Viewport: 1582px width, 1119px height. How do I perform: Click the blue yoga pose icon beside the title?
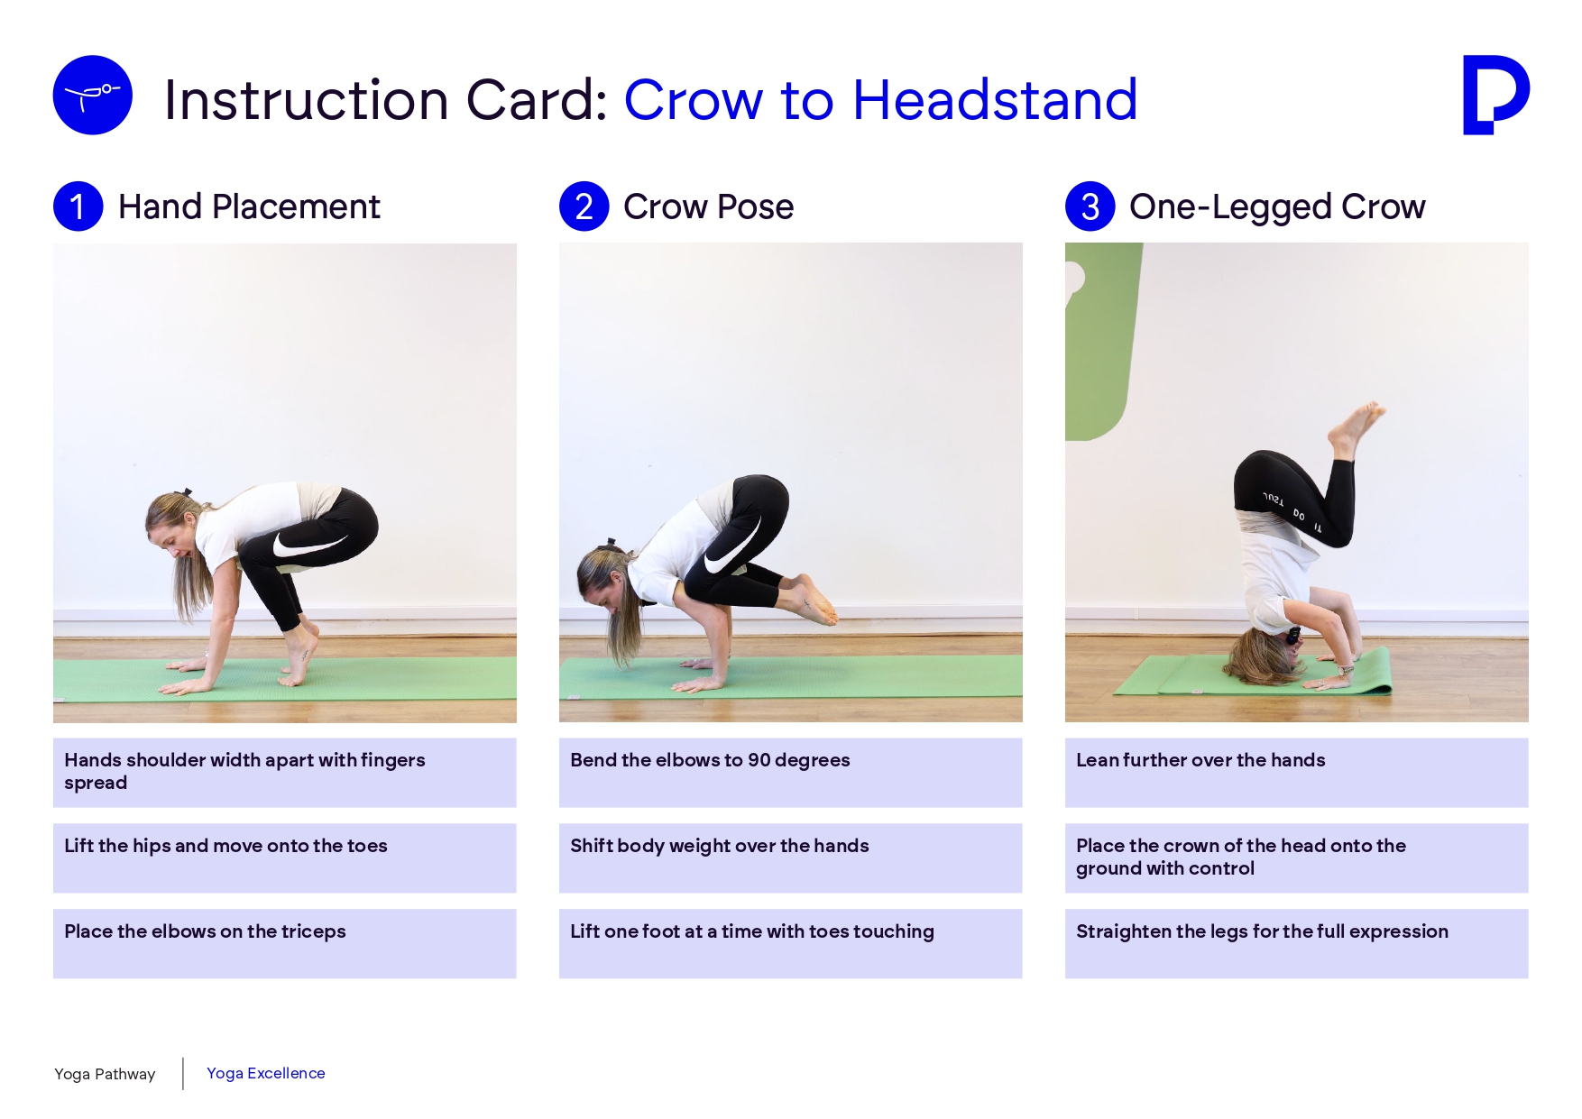coord(93,96)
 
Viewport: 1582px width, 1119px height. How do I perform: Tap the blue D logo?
coord(1495,95)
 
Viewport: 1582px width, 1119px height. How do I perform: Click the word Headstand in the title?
coord(995,99)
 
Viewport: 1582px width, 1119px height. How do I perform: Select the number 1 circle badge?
coord(78,206)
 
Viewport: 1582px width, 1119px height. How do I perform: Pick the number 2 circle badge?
coord(584,206)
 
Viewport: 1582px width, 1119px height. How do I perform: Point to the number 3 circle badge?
coord(1090,206)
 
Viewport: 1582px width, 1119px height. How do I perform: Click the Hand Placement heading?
coord(249,207)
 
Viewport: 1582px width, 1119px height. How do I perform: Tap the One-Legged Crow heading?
coord(1277,207)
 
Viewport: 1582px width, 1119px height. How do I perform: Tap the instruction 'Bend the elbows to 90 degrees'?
coord(710,760)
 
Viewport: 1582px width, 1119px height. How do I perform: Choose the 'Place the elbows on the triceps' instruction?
coord(205,931)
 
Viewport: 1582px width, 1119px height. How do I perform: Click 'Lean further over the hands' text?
coord(1200,760)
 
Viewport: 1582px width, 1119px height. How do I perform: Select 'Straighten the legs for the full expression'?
coord(1262,931)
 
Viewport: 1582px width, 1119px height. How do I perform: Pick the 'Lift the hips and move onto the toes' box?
coord(284,858)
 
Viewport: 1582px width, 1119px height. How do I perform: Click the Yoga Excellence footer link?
coord(266,1073)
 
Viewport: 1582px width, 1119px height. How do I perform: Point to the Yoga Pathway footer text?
coord(105,1074)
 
